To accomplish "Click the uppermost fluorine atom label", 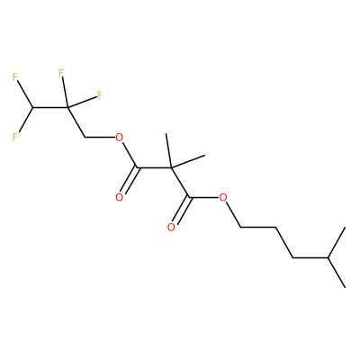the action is coord(61,72).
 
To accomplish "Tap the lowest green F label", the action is coord(15,137).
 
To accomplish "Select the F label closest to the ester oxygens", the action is coord(100,95).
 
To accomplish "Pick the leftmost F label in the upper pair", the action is coord(15,77).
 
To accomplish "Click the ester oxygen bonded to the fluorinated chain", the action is coord(120,138).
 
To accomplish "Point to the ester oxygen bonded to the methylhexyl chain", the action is coord(223,197).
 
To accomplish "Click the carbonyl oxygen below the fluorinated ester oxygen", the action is coord(120,197).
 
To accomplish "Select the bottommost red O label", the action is coord(171,227).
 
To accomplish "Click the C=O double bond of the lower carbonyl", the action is coord(182,211).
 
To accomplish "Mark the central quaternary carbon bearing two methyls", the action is coord(171,167).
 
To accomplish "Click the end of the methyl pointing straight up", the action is coord(166,134).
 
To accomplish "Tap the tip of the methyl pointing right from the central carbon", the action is coord(205,156).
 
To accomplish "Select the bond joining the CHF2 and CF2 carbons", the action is coord(50,107).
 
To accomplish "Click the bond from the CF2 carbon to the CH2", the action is coord(76,122).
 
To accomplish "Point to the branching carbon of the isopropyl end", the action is coord(328,257).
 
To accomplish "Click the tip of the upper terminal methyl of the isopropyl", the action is coord(345,228).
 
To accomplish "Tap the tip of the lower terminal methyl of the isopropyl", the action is coord(345,287).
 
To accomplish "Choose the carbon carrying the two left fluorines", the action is coord(32,107).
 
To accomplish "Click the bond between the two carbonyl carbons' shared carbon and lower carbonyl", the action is coord(180,183).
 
